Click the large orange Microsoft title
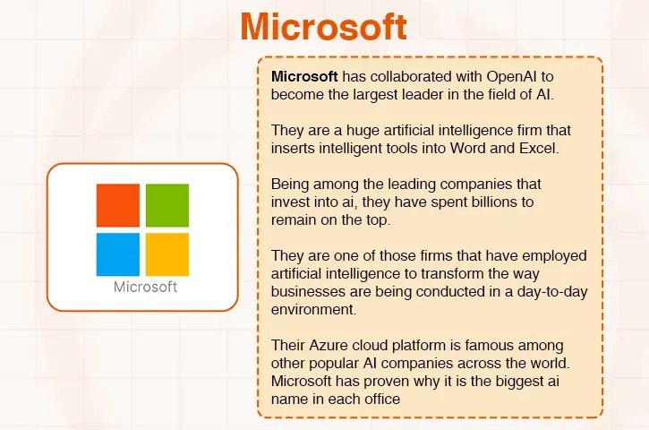tap(323, 27)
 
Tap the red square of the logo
tap(118, 205)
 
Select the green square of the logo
tap(167, 205)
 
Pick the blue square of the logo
tap(118, 254)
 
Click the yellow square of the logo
tap(167, 254)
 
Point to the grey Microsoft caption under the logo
tap(146, 288)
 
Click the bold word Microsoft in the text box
tap(304, 76)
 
